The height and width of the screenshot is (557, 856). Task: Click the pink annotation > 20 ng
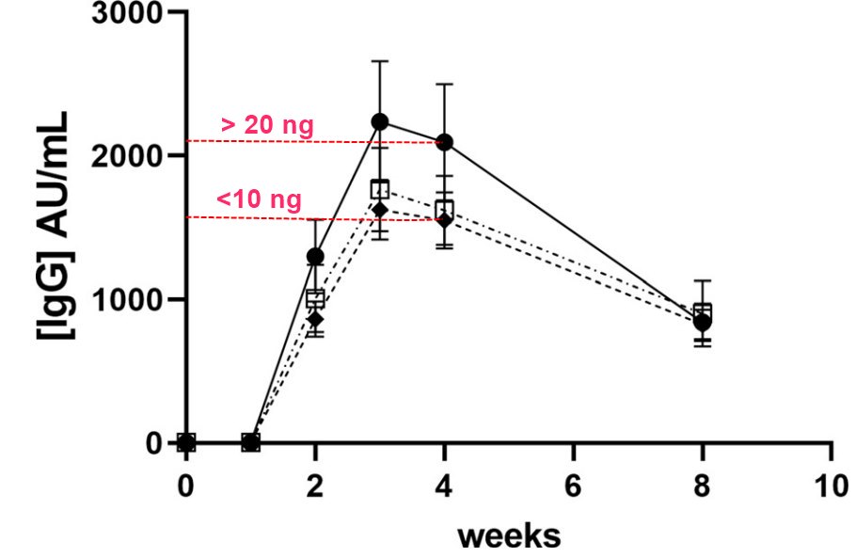(x=267, y=124)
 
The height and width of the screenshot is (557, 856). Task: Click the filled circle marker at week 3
(x=380, y=122)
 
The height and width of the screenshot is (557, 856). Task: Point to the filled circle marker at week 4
(x=445, y=142)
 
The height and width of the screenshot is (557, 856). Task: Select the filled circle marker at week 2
(x=315, y=256)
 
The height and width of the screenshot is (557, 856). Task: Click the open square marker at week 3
(x=380, y=189)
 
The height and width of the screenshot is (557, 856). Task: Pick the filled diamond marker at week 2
(x=315, y=319)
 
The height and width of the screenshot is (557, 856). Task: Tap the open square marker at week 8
(x=703, y=312)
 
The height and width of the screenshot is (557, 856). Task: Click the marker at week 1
(x=251, y=442)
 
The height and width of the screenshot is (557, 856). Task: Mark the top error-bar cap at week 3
(x=380, y=61)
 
